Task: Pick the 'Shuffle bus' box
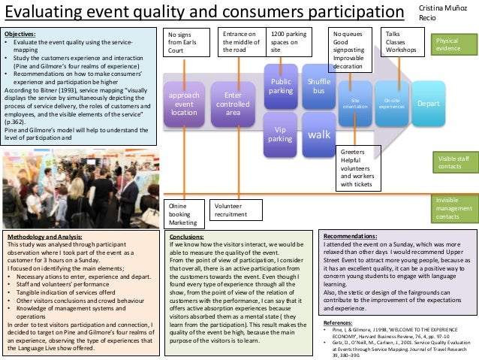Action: tap(319, 86)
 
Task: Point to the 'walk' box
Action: tap(319, 135)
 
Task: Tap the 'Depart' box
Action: tap(428, 103)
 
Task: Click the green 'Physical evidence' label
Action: tap(452, 44)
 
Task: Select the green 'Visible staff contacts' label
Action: tap(453, 163)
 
